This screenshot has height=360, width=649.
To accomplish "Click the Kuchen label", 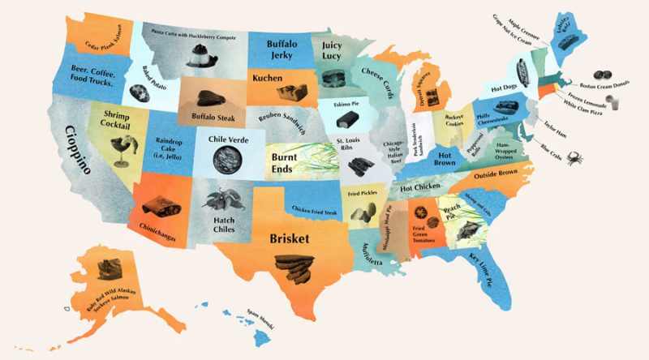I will [269, 79].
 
